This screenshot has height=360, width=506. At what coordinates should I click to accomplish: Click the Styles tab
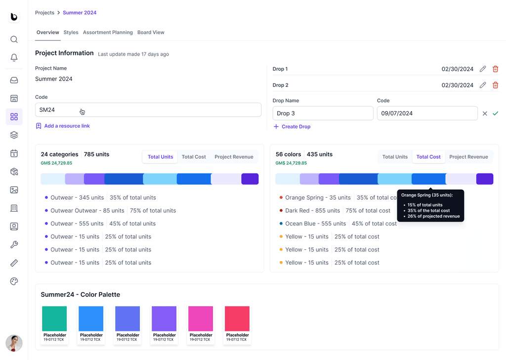coord(71,32)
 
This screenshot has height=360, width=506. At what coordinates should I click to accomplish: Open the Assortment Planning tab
coord(108,32)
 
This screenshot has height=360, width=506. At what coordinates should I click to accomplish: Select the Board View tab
coord(151,32)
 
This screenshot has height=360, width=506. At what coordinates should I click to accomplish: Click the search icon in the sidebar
coord(14,40)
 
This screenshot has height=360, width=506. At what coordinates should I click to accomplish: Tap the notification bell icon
coord(14,57)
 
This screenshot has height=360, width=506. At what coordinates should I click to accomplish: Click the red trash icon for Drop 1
coord(495,69)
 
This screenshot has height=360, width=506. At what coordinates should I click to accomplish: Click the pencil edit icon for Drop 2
coord(483,85)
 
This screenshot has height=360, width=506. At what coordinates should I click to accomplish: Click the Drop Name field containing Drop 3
coord(323,113)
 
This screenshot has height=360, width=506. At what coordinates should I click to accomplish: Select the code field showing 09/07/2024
coord(427,113)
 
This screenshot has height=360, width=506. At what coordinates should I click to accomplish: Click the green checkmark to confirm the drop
coord(495,113)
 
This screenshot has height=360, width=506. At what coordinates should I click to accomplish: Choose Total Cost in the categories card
coord(194,157)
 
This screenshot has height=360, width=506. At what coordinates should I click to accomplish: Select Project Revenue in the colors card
coord(468,157)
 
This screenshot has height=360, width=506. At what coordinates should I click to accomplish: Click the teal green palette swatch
coord(54,318)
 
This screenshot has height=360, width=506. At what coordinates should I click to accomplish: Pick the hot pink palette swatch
coord(201,318)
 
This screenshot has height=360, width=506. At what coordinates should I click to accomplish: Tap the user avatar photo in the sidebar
coord(14,343)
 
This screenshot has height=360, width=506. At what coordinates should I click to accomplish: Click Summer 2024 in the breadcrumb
coord(80,12)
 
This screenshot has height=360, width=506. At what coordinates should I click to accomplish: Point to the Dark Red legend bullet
coord(281,211)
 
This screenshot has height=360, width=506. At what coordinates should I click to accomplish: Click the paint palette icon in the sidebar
coord(14,281)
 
